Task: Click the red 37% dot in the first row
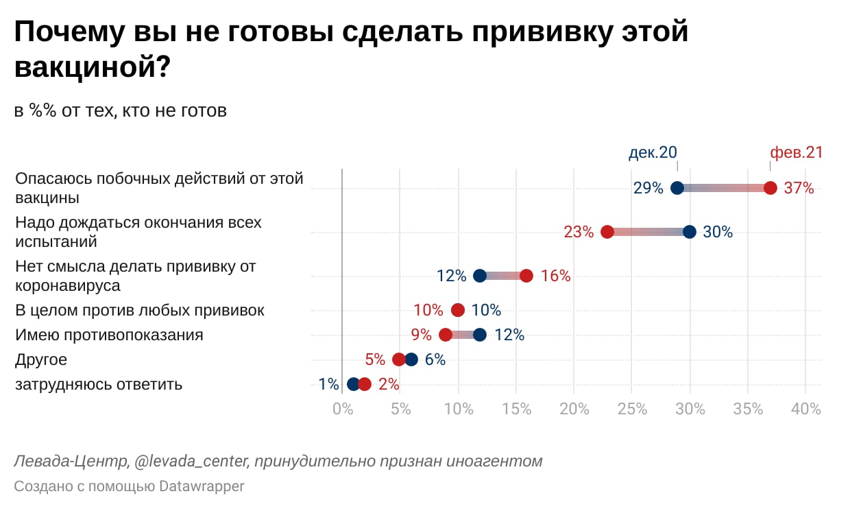770,188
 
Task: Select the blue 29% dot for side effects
677,188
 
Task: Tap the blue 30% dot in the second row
690,232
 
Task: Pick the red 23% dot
607,232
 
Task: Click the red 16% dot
526,276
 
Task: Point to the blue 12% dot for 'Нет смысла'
480,276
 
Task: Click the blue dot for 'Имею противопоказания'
480,335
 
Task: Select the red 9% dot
446,335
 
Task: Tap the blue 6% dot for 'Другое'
411,359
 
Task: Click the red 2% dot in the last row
365,384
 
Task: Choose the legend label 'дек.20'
653,152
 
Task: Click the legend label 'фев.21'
796,152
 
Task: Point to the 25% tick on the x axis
632,409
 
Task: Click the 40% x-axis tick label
805,409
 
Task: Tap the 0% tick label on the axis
341,409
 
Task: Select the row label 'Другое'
41,359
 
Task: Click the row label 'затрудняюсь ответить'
99,384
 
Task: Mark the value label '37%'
799,188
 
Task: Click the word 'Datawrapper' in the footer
202,486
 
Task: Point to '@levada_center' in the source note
191,461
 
